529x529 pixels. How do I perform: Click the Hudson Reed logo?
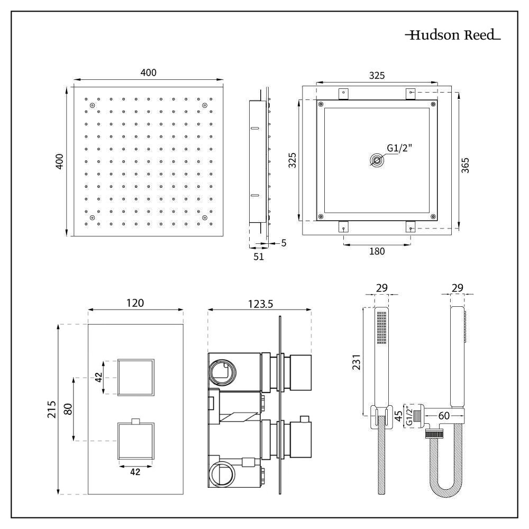pos(453,36)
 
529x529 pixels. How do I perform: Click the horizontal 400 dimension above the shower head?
pos(148,72)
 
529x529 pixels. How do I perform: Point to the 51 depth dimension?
pos(258,257)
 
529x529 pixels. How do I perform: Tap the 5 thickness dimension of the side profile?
pos(284,244)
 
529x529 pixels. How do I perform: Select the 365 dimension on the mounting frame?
pos(465,164)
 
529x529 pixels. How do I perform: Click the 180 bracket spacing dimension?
pos(377,251)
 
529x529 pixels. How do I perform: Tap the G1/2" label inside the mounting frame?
pos(399,149)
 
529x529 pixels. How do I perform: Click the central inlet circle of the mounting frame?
pos(377,161)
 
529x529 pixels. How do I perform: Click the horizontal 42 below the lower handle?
pos(135,472)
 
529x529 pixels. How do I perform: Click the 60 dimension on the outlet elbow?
pos(444,416)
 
